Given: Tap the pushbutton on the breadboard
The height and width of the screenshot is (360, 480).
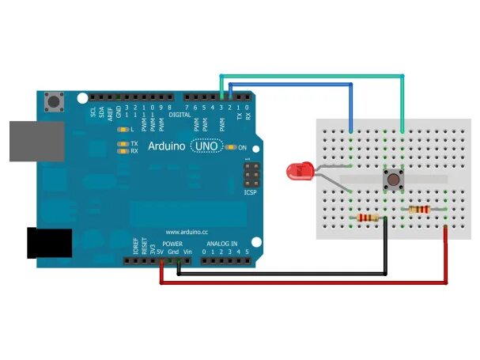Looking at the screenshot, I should pyautogui.click(x=391, y=180).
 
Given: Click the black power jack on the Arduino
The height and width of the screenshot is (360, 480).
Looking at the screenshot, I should pyautogui.click(x=49, y=243).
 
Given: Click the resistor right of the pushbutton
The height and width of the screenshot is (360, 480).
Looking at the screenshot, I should pyautogui.click(x=418, y=210).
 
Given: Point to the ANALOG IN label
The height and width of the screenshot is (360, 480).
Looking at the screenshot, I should pyautogui.click(x=225, y=244).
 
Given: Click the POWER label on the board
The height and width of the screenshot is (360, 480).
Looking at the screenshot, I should pyautogui.click(x=172, y=244).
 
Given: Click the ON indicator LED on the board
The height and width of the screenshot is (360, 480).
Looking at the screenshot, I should pyautogui.click(x=231, y=147).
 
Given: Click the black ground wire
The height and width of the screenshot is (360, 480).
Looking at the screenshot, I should pyautogui.click(x=285, y=275).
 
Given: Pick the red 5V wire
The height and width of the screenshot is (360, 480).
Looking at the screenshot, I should pyautogui.click(x=300, y=282).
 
